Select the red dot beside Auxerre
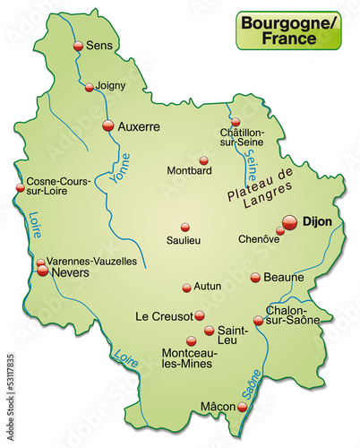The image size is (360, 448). pos(108,125)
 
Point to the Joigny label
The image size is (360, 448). pos(112,86)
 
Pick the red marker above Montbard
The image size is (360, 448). pos(203,160)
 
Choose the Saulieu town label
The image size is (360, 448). pos(184,240)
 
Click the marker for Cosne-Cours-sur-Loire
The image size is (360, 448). pos(20,187)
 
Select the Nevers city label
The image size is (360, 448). pos(71,271)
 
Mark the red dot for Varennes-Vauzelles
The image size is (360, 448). pos(41,263)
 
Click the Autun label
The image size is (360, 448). pos(209,288)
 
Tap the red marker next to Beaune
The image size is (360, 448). pos(255,278)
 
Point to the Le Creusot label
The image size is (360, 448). pos(163,315)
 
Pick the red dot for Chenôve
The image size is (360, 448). pos(279,230)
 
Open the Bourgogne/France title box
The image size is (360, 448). pos(288,30)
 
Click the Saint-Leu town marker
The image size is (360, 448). pos(209,331)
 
